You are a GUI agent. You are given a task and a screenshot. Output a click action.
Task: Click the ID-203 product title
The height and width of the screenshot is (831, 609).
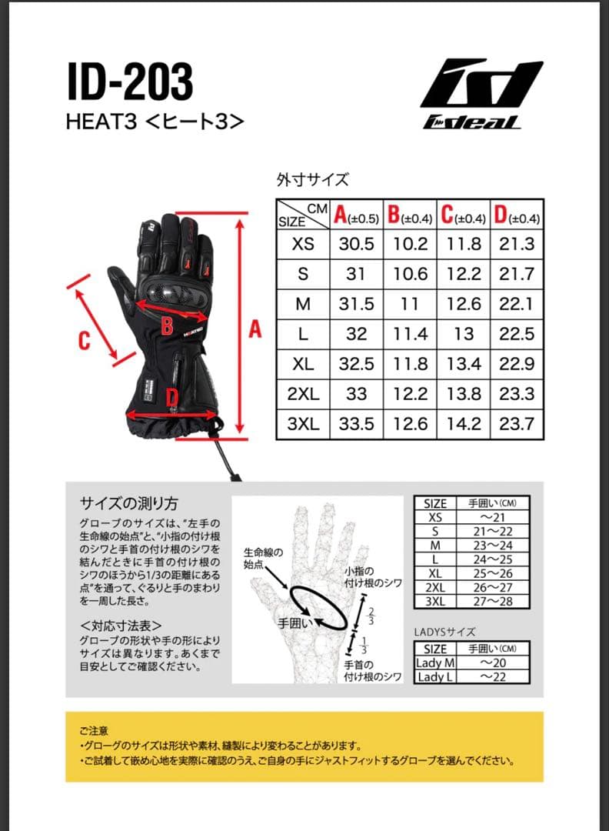click(x=130, y=82)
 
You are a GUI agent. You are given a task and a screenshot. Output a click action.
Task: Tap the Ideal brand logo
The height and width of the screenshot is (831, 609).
click(x=481, y=94)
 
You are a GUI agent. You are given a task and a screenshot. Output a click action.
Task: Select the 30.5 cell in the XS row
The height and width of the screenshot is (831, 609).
click(x=356, y=244)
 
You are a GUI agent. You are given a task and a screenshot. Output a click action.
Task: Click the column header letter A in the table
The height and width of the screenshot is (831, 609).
click(x=341, y=215)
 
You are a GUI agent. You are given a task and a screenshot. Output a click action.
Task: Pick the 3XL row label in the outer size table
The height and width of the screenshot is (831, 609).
click(x=303, y=424)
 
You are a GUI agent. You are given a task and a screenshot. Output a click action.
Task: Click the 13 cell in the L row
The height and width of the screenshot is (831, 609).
click(x=464, y=334)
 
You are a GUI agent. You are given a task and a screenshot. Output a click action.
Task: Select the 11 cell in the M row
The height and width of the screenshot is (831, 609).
click(x=410, y=304)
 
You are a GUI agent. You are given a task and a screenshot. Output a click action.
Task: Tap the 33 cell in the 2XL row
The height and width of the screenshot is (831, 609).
click(x=356, y=394)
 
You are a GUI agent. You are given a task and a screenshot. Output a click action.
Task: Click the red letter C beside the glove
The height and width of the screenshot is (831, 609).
click(x=85, y=340)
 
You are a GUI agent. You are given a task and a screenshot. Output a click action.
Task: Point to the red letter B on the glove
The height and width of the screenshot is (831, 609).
click(x=166, y=327)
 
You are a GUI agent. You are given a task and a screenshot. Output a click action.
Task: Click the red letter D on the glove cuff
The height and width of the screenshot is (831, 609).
click(x=173, y=397)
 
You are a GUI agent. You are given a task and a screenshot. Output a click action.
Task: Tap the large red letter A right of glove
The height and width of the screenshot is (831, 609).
click(x=255, y=329)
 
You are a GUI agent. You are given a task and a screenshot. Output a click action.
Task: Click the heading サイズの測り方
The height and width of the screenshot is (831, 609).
click(x=129, y=503)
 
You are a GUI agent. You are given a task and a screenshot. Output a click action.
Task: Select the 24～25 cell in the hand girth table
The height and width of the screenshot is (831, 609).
click(x=492, y=559)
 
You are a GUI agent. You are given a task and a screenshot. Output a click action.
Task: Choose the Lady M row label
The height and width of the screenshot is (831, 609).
click(x=435, y=663)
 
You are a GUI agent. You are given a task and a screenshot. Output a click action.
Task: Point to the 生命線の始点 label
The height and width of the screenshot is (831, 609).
click(x=263, y=559)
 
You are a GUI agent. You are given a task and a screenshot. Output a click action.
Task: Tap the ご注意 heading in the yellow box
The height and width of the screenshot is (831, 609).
click(x=94, y=729)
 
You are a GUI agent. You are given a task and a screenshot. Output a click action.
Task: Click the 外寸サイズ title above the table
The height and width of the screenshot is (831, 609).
click(x=312, y=180)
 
